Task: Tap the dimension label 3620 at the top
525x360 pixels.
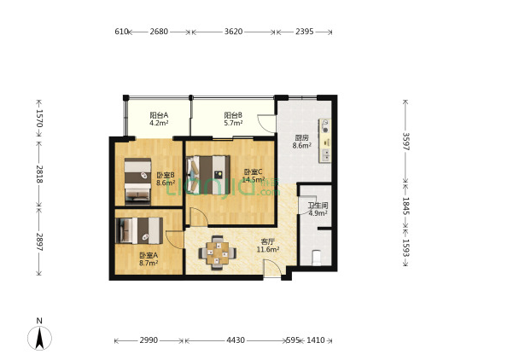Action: (233, 32)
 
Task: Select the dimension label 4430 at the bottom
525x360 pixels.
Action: (236, 340)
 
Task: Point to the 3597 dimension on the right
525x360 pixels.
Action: (405, 142)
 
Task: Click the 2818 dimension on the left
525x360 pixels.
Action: (39, 174)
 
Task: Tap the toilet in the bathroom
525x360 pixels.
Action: (316, 258)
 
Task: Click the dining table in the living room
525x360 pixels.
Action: (218, 253)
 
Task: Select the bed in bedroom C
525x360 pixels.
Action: (208, 175)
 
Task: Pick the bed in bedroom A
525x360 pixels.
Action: (139, 230)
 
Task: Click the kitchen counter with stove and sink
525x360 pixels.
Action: (324, 141)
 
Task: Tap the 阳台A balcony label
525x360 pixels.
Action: (159, 115)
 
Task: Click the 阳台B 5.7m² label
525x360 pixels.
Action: (233, 119)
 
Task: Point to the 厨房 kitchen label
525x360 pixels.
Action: (301, 137)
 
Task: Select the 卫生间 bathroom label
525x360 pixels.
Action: (318, 205)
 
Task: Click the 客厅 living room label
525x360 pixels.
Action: (268, 241)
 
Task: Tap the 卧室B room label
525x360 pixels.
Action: (166, 175)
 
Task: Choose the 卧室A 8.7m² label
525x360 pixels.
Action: (149, 259)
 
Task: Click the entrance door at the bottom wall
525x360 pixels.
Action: (271, 269)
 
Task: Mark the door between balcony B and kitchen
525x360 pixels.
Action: (266, 124)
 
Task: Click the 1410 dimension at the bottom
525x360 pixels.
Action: (315, 340)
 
